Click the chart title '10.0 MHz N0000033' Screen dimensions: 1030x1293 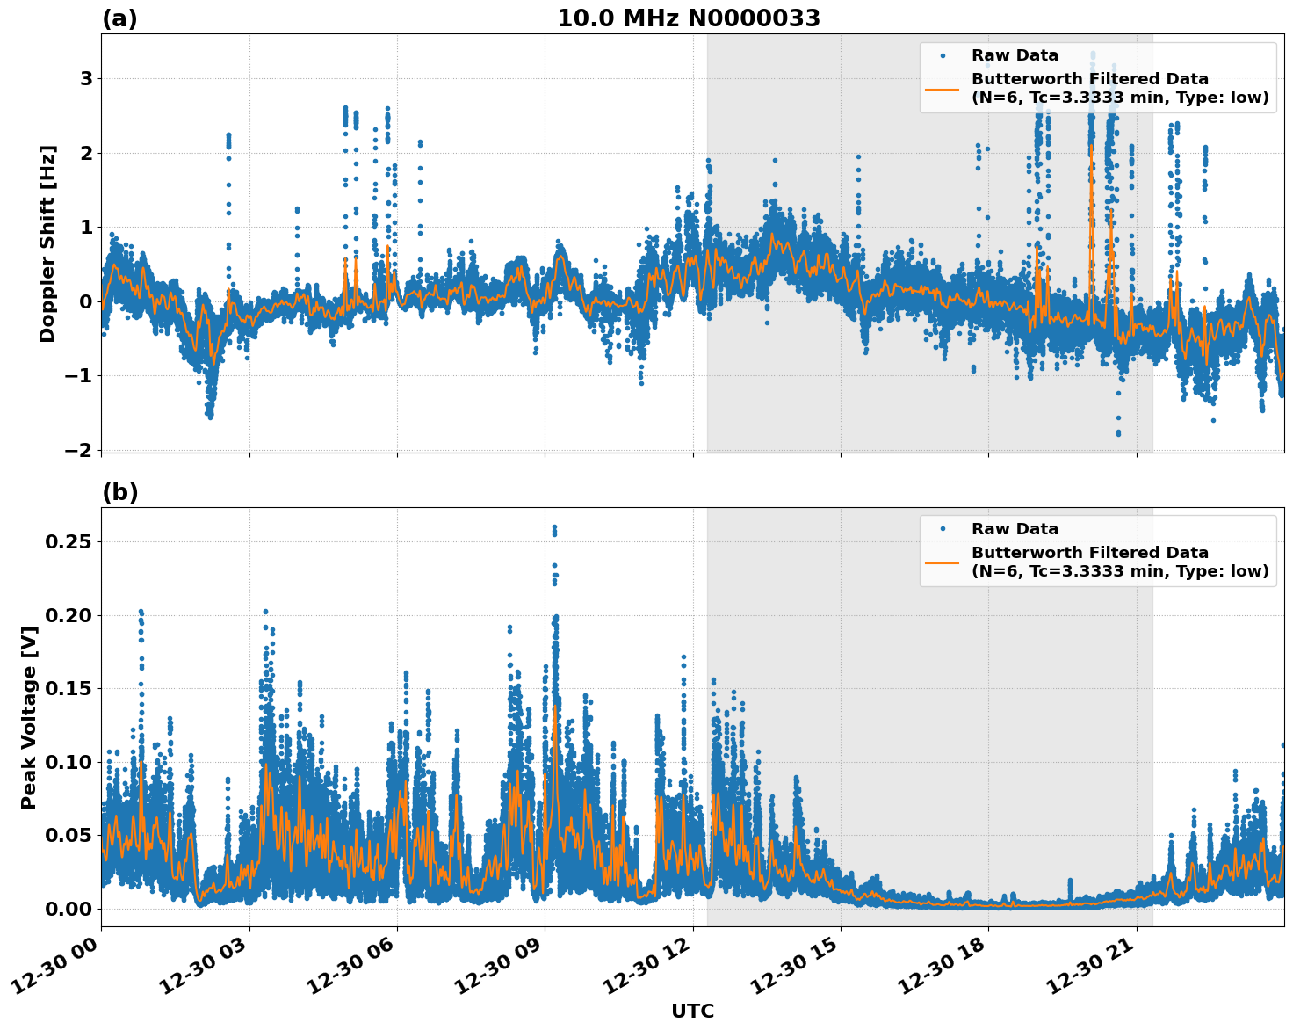pyautogui.click(x=688, y=18)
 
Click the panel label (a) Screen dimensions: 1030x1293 pyautogui.click(x=119, y=18)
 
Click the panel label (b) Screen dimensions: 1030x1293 pyautogui.click(x=119, y=492)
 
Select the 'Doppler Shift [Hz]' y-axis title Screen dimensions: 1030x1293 pyautogui.click(x=47, y=243)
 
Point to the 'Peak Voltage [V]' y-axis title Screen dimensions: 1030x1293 pyautogui.click(x=29, y=717)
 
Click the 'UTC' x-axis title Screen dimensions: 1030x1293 pyautogui.click(x=692, y=1011)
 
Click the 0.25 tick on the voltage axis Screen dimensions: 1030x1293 pyautogui.click(x=69, y=542)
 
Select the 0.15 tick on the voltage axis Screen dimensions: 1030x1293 pyautogui.click(x=69, y=688)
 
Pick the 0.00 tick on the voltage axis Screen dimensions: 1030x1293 pyautogui.click(x=69, y=909)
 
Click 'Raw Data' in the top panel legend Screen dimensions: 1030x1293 pyautogui.click(x=1015, y=55)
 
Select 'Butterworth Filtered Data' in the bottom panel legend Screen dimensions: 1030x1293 pyautogui.click(x=1089, y=553)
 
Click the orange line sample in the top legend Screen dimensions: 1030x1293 pyautogui.click(x=943, y=88)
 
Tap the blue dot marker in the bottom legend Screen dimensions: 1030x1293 pyautogui.click(x=943, y=529)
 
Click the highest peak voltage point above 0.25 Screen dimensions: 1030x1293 pyautogui.click(x=554, y=527)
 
